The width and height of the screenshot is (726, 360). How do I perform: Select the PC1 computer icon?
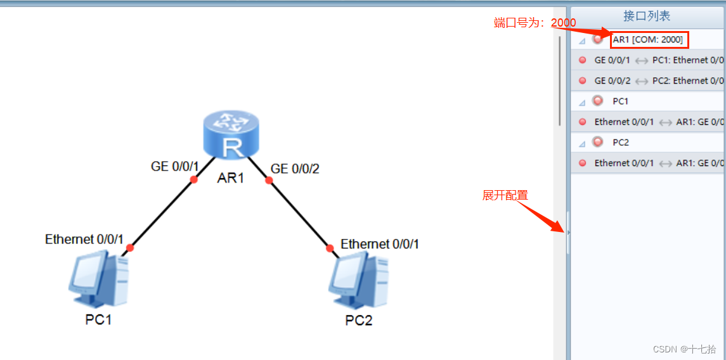coord(98,280)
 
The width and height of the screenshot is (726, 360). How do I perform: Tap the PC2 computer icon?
coord(358,280)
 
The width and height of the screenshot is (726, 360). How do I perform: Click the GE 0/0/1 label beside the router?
coord(175,167)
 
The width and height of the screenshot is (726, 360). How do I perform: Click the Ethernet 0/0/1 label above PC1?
coord(84,239)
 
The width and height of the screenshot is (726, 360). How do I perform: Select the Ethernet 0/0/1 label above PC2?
coord(380,244)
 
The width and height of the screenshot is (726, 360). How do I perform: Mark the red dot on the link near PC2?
coord(330,248)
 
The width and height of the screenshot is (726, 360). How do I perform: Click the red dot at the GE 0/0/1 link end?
coord(194,180)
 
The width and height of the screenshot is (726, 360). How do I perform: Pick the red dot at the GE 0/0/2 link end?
coord(269,181)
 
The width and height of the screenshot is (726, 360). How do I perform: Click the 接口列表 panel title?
coord(647,16)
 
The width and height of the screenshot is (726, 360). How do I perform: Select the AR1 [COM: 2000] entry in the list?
coord(647,40)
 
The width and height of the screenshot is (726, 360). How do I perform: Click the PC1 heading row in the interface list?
coord(620,101)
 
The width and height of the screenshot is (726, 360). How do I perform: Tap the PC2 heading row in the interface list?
coord(620,142)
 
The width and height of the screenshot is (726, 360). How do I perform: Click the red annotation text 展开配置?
coord(505,195)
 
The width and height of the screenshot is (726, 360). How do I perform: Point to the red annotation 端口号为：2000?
coord(535,23)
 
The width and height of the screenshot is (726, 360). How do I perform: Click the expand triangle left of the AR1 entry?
coord(582,41)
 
